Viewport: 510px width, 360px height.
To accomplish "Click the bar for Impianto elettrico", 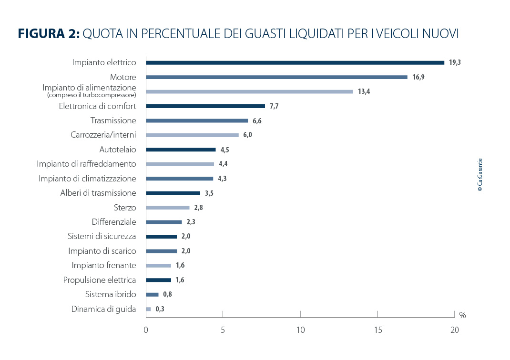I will [295, 62].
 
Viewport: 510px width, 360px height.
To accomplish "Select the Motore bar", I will [276, 77].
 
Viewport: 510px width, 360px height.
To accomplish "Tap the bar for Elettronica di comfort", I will [205, 106].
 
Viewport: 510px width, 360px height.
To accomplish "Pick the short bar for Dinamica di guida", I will [148, 309].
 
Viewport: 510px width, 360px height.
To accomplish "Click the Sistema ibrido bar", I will [152, 294].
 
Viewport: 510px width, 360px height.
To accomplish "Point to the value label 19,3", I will [455, 62].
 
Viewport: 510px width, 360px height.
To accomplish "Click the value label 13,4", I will [364, 91].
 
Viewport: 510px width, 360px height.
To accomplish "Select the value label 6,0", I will [247, 135].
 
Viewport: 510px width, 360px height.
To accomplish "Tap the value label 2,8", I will [198, 208].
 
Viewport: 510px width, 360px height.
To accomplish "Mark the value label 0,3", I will [160, 309].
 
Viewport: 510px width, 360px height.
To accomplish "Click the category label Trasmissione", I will [113, 120].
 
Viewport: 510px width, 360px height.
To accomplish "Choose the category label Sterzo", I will [125, 208].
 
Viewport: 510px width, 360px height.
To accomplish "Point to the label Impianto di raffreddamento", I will [86, 164].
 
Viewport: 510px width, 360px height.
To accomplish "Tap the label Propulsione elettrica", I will [100, 280].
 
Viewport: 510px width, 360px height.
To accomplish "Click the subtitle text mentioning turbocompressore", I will [92, 95].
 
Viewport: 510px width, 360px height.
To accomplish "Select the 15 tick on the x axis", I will [377, 330].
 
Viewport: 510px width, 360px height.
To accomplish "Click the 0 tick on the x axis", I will [146, 330].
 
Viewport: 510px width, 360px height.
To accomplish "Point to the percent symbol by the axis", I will [462, 315].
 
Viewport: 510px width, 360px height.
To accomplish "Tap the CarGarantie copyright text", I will [480, 175].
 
